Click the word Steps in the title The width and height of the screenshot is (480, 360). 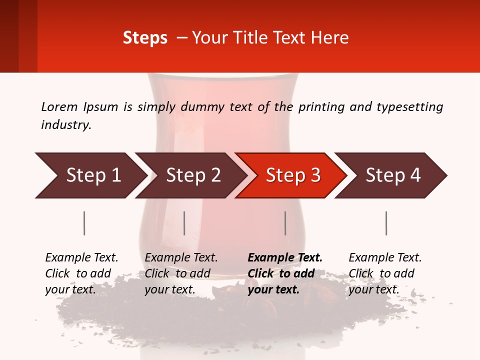[145, 37]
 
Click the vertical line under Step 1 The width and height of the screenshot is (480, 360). [84, 223]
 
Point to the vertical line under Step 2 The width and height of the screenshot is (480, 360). [184, 223]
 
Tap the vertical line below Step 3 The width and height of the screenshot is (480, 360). [285, 223]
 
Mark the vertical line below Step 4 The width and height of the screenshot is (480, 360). [386, 223]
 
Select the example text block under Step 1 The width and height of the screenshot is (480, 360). [81, 273]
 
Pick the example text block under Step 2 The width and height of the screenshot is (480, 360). [181, 273]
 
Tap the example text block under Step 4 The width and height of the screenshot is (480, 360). [385, 273]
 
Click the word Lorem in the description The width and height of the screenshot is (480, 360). [59, 107]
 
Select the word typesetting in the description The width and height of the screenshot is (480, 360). [409, 107]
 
